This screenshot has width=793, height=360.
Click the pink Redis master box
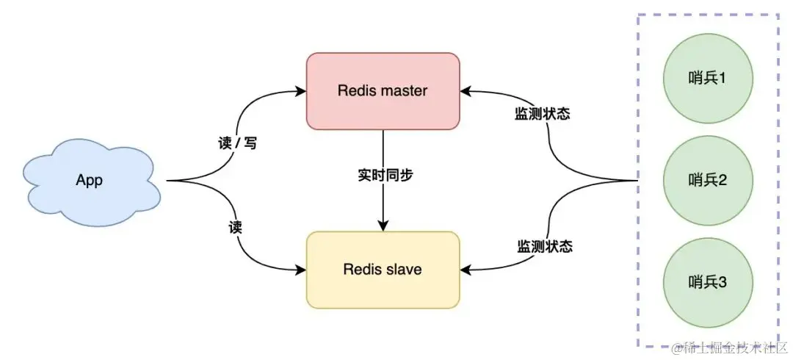[383, 91]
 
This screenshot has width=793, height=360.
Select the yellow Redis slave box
[383, 270]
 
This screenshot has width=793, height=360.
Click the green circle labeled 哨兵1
[707, 78]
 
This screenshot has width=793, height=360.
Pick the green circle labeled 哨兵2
[707, 180]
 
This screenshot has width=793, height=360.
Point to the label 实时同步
[383, 176]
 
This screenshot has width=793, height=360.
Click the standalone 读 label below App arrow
[235, 228]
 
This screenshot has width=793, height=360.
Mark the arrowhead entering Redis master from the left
[301, 91]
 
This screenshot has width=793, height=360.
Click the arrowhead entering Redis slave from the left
[301, 270]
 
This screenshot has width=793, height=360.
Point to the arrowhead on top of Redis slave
[383, 226]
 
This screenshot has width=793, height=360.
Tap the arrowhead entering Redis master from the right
[466, 91]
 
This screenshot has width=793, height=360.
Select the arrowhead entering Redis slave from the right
[466, 270]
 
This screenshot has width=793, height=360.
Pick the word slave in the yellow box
[403, 270]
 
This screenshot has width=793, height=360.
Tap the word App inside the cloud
[89, 181]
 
